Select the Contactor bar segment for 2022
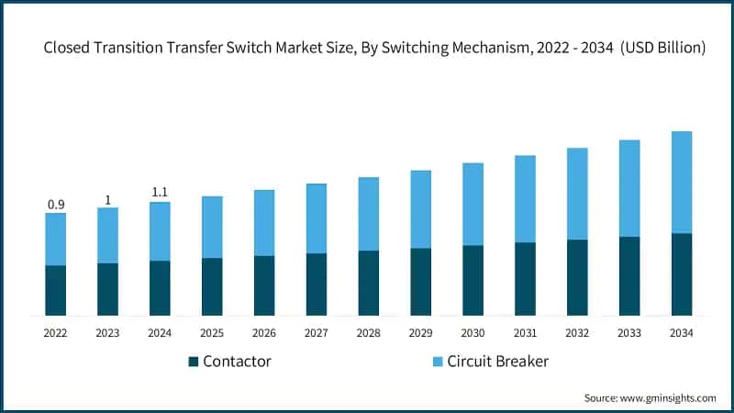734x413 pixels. (56, 291)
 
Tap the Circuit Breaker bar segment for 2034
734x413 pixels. (682, 182)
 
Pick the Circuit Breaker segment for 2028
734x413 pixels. (369, 214)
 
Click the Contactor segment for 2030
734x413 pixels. (473, 281)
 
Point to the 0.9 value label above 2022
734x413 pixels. (56, 205)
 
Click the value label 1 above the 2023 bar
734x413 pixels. (108, 199)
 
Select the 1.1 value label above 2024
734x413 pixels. (161, 193)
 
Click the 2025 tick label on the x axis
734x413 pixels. (212, 333)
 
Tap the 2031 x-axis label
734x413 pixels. (525, 333)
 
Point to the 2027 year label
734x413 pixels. (317, 333)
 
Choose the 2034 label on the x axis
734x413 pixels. (682, 333)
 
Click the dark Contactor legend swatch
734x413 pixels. (194, 362)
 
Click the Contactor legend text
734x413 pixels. (237, 362)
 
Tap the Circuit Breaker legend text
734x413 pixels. (497, 362)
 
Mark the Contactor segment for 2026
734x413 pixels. (264, 286)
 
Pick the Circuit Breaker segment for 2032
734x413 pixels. (577, 194)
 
